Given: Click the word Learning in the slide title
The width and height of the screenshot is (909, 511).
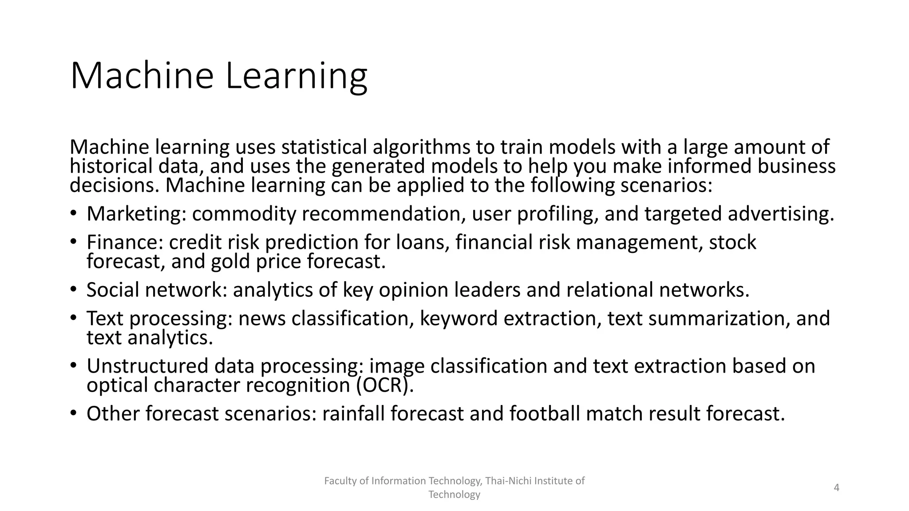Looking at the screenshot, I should pyautogui.click(x=296, y=76).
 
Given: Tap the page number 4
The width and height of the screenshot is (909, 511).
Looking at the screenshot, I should pyautogui.click(x=837, y=488).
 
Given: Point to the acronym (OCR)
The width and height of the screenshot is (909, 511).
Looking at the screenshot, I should pyautogui.click(x=385, y=385).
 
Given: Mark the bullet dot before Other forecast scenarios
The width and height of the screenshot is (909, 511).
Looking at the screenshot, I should pyautogui.click(x=73, y=413).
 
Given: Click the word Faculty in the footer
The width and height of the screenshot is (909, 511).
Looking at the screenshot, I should pyautogui.click(x=338, y=481).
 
